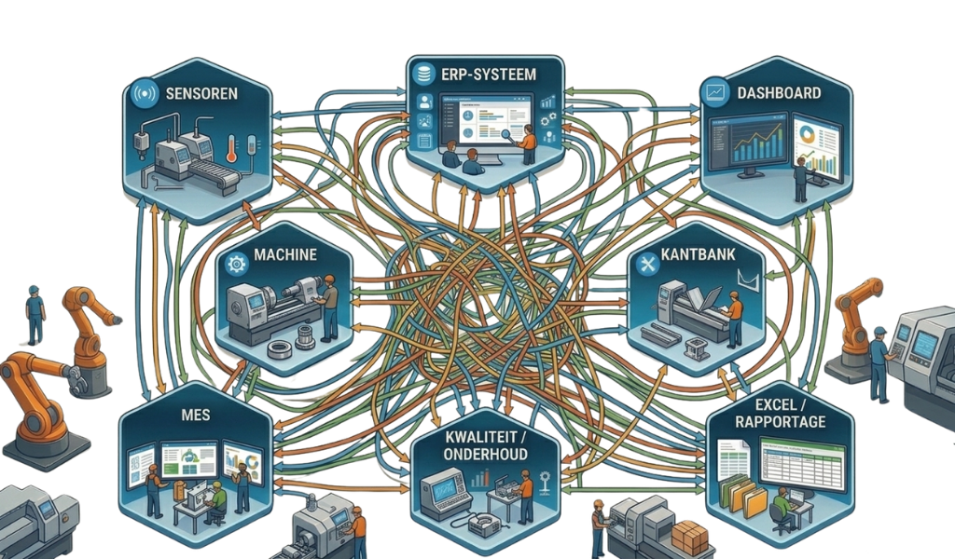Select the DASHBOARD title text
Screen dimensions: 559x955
coord(778,93)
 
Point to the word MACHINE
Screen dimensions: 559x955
coord(284,254)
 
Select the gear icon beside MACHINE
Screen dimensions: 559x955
coord(236,263)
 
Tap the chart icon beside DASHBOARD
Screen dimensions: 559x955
coord(716,93)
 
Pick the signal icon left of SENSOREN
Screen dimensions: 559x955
coord(144,95)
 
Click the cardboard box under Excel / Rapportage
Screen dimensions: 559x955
coord(690,539)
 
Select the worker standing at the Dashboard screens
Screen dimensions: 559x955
coord(799,178)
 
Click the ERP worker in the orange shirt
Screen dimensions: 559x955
coord(529,144)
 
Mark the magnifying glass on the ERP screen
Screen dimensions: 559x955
coord(512,134)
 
